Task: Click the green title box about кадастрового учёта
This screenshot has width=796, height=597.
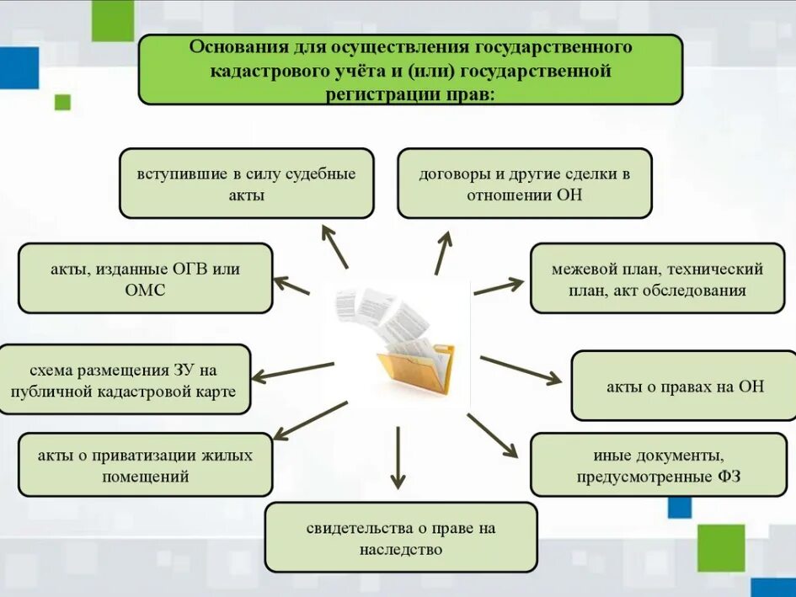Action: (410, 69)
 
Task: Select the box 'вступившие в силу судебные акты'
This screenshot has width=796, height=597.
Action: (247, 184)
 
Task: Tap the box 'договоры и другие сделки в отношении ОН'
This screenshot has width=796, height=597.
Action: (524, 184)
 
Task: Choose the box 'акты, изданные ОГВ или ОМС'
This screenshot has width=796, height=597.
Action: (145, 279)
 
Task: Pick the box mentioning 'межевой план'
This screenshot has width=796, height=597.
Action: (657, 279)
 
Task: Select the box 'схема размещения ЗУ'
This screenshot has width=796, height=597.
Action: (126, 380)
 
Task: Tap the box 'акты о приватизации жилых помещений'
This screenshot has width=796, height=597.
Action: (145, 465)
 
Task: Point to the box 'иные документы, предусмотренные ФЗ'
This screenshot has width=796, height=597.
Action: (657, 465)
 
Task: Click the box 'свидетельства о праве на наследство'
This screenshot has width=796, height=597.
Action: (401, 538)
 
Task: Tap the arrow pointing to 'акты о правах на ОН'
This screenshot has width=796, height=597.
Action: (520, 370)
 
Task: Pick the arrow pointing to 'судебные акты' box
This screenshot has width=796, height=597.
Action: (334, 246)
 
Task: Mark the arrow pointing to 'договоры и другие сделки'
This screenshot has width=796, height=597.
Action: (443, 253)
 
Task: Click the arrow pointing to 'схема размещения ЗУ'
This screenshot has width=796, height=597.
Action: (294, 371)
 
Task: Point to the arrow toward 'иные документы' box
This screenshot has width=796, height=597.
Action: (492, 434)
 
